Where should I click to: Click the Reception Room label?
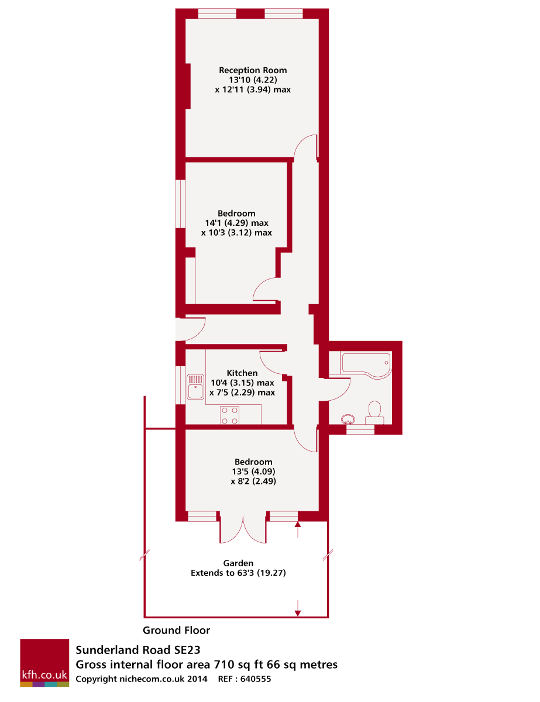click(253, 70)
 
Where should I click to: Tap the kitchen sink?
click(195, 387)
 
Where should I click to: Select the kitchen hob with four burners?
click(230, 415)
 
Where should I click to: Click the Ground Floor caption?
click(176, 630)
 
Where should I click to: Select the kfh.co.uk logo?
click(44, 662)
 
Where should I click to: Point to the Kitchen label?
click(242, 373)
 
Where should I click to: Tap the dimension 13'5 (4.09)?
click(253, 472)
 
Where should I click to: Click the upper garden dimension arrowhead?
click(298, 525)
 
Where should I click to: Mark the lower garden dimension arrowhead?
click(298, 613)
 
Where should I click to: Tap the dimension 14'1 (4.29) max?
click(236, 223)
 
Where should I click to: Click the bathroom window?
click(360, 429)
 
